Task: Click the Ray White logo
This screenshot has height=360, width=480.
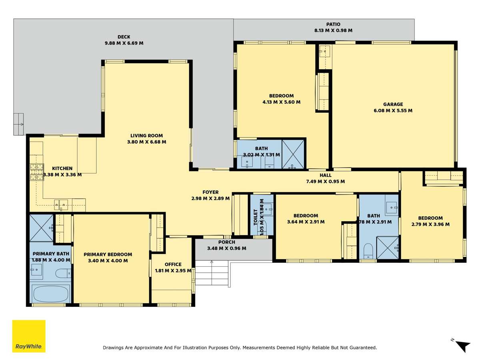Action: point(29,336)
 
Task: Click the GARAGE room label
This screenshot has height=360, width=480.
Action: point(393,104)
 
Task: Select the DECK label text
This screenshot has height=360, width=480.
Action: point(124,37)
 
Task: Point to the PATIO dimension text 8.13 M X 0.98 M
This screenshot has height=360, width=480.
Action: point(333,30)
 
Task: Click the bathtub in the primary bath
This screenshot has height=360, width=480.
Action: point(51,294)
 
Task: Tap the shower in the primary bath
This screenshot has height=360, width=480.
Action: point(42,228)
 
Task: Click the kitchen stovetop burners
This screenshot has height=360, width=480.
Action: point(37,172)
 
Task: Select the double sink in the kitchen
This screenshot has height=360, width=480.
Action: point(61,205)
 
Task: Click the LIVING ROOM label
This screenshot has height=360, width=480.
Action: point(146,136)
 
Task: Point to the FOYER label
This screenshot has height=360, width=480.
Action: point(210,192)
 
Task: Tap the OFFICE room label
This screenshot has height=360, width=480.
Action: point(173,264)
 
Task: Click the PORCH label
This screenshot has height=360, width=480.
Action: point(226,242)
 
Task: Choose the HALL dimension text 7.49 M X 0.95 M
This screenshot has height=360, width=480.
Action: point(325,182)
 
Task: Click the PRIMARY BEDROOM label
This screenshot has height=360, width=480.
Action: point(108,254)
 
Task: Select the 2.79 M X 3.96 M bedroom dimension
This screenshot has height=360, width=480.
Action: point(430,224)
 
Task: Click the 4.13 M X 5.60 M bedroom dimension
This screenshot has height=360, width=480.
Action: point(282,102)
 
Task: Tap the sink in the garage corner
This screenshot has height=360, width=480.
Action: point(325,51)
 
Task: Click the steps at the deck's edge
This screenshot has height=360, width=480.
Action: point(18,124)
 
